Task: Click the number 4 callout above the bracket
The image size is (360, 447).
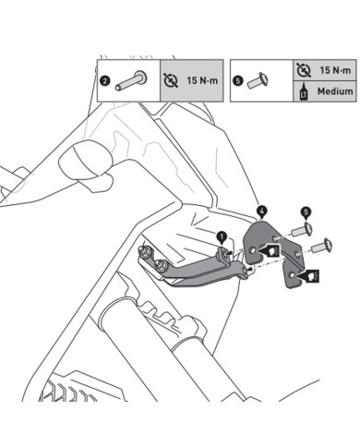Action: pos(262,211)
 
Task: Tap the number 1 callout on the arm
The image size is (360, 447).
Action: pos(222,236)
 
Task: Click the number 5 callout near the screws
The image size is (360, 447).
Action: pos(306,212)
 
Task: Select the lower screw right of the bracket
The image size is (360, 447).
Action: pos(323,246)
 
